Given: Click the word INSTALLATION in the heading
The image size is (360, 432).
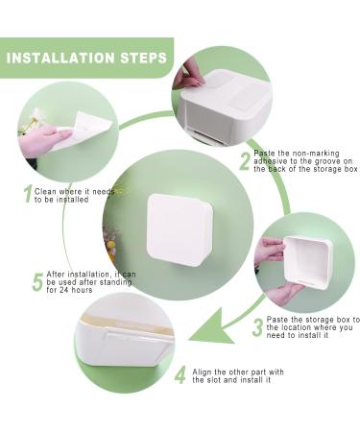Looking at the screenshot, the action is (x=60, y=58).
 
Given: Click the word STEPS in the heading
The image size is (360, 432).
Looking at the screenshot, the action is (x=144, y=58).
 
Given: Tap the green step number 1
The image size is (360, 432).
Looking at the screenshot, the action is (x=28, y=194).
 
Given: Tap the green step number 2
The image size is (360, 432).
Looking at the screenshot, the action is (x=245, y=161).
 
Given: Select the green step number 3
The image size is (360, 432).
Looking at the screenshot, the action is (x=257, y=328).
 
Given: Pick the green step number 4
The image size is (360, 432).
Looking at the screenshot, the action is (x=180, y=374).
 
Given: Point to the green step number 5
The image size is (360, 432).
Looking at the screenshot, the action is (x=37, y=282).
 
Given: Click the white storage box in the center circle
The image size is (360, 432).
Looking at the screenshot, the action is (x=180, y=229).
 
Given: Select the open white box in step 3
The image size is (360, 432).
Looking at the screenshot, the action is (x=305, y=262).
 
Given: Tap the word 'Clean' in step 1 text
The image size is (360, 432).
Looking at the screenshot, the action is (x=45, y=192).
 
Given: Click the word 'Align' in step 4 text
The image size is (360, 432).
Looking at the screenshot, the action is (x=203, y=372).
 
